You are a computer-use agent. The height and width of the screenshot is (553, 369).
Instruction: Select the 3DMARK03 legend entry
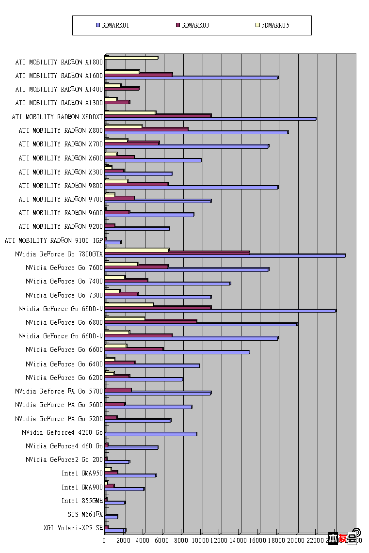[x=193, y=25]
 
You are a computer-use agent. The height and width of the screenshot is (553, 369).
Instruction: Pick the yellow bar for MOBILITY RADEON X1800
[x=131, y=58]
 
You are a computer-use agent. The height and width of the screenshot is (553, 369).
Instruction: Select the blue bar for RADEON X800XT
[x=210, y=119]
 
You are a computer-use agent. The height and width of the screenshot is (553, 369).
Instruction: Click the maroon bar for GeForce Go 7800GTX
[x=177, y=253]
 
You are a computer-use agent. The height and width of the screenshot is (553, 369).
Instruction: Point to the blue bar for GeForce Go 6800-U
[x=220, y=311]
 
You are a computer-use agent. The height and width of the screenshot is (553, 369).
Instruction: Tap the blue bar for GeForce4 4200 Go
[x=151, y=434]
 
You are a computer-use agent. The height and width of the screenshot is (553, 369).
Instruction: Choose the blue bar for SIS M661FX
[x=111, y=517]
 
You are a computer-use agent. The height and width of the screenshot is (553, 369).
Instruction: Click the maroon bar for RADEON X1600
[x=139, y=75]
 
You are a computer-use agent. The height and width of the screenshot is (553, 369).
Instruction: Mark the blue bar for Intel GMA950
[x=130, y=475]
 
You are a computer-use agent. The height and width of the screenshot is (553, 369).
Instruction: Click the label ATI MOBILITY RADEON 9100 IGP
[x=53, y=240]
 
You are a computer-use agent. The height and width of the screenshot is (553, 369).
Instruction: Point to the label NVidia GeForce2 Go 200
[x=64, y=459]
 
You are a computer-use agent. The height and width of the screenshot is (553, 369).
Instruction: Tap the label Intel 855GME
[x=82, y=501]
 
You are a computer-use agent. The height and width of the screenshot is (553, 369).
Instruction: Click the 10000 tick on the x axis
[x=201, y=539]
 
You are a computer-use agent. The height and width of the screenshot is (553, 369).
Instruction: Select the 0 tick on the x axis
[x=105, y=539]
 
